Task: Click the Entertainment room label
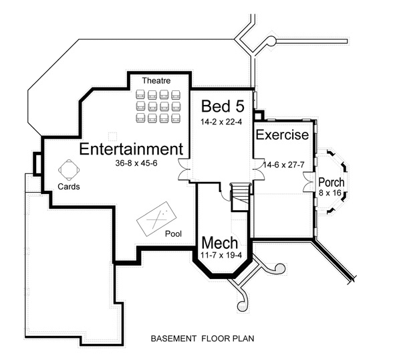(x=131, y=149)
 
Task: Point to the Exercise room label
(x=282, y=135)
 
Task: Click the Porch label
(x=331, y=182)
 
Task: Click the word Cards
(x=69, y=187)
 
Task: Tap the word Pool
(x=173, y=234)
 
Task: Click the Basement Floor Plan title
(x=202, y=339)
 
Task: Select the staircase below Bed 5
(x=239, y=194)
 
